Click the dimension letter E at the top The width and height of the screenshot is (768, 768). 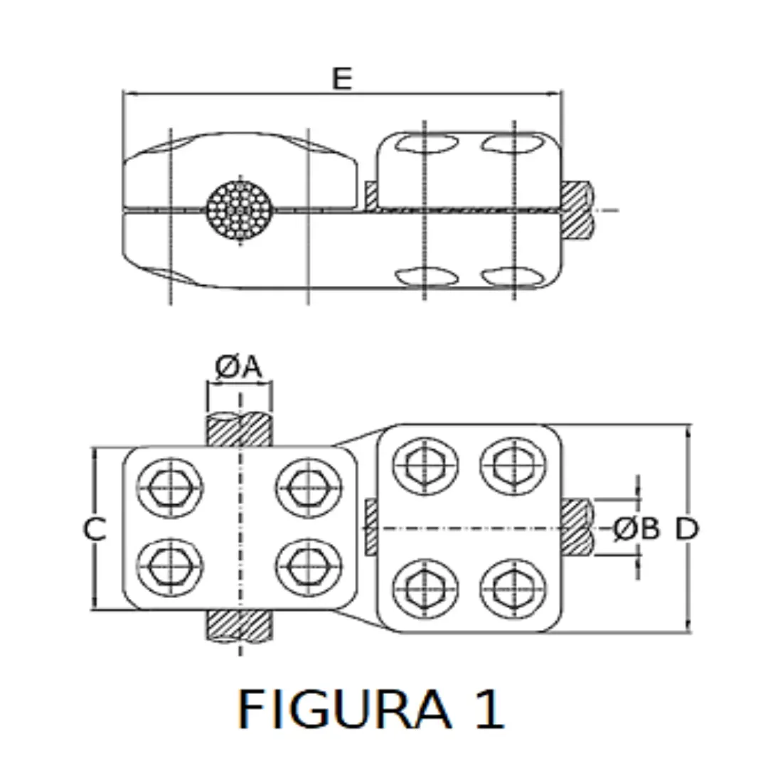pyautogui.click(x=342, y=78)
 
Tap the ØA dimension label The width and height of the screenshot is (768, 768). pyautogui.click(x=240, y=368)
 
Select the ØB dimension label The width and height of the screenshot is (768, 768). pyautogui.click(x=636, y=528)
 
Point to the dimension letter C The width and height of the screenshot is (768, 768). pyautogui.click(x=95, y=530)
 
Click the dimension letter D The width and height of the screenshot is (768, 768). pyautogui.click(x=687, y=528)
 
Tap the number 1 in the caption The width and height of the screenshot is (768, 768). pyautogui.click(x=490, y=709)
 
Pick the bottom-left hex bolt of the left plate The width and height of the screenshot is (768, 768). pyautogui.click(x=169, y=567)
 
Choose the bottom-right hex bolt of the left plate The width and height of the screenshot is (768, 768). pyautogui.click(x=309, y=567)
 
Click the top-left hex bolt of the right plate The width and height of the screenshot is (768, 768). pyautogui.click(x=425, y=466)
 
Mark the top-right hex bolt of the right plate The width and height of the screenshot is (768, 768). pyautogui.click(x=513, y=466)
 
